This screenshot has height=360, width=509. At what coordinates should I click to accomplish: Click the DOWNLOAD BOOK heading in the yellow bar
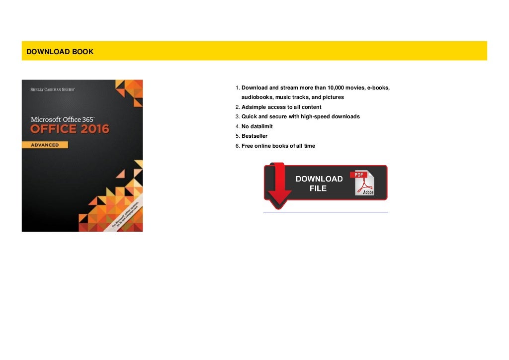pyautogui.click(x=60, y=52)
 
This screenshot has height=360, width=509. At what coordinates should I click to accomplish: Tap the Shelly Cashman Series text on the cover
pyautogui.click(x=53, y=90)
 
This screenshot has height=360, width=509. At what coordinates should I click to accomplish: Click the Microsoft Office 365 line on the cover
pyautogui.click(x=63, y=119)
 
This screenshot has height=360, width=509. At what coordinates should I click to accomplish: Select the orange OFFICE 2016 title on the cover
pyautogui.click(x=70, y=129)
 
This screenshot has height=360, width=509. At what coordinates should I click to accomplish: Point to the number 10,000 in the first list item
pyautogui.click(x=338, y=88)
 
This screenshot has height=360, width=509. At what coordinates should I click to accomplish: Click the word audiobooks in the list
pyautogui.click(x=257, y=97)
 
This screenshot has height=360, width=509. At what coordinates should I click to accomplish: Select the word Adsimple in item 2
pyautogui.click(x=254, y=107)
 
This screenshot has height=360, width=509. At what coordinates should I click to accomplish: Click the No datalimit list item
pyautogui.click(x=257, y=127)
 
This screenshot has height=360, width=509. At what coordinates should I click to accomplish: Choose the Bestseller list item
pyautogui.click(x=254, y=136)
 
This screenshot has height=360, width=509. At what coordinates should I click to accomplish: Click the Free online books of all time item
pyautogui.click(x=278, y=146)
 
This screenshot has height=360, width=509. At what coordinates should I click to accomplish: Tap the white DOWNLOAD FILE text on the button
pyautogui.click(x=319, y=183)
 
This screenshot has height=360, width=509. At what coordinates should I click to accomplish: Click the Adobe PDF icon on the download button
pyautogui.click(x=364, y=184)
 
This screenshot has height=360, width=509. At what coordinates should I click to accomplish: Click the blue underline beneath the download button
pyautogui.click(x=325, y=212)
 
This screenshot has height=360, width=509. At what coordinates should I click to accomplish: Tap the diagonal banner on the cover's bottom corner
pyautogui.click(x=121, y=214)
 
